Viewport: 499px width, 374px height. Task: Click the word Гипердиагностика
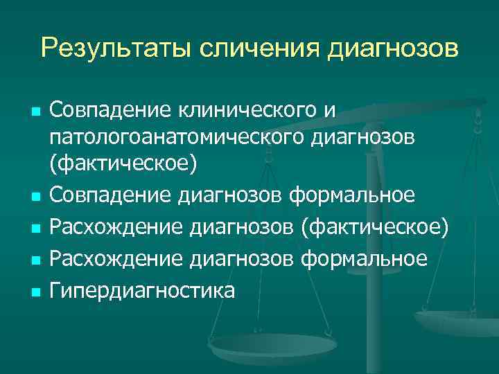[143, 290]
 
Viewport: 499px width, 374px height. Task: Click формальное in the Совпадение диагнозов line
[352, 197]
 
